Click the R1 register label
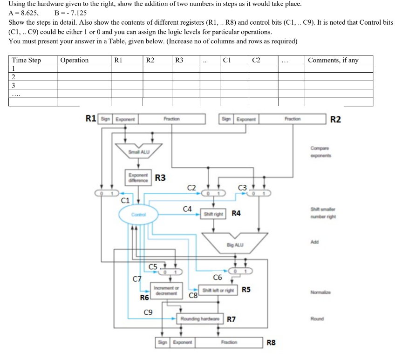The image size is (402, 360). tap(92, 119)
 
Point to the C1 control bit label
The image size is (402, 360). tap(125, 201)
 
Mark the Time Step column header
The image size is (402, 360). tap(26, 60)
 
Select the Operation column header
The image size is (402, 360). tap(75, 60)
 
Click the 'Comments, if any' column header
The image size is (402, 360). tap(333, 60)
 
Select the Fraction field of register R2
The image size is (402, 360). tap(292, 119)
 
